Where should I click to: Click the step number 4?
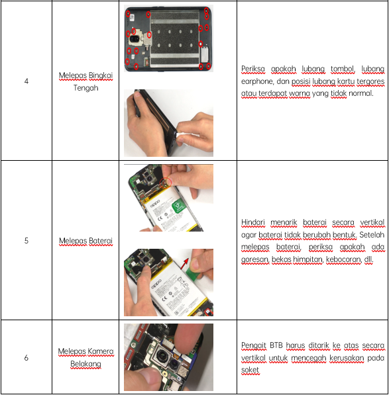tap(27, 81)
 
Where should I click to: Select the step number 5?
tap(27, 241)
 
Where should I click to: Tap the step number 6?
tap(27, 357)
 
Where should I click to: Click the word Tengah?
tap(85, 88)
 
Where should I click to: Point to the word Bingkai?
tap(101, 75)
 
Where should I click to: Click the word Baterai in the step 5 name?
tap(101, 241)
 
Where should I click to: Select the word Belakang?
tap(85, 364)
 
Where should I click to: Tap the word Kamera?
tap(101, 351)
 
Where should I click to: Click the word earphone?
tap(257, 81)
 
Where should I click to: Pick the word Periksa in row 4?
tap(253, 69)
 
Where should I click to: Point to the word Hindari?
tap(253, 222)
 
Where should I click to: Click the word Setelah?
tap(372, 235)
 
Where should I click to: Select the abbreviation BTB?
tap(276, 345)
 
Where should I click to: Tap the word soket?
tap(250, 370)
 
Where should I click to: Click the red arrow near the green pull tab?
tap(185, 263)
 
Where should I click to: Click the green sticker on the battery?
tap(179, 205)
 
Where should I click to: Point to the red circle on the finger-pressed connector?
tap(166, 182)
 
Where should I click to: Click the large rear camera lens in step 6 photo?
tap(162, 355)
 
